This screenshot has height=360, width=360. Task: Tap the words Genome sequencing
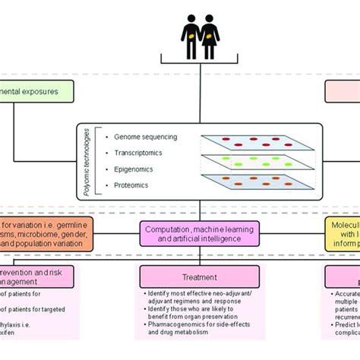point(145,137)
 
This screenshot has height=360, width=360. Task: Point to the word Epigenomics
point(137,169)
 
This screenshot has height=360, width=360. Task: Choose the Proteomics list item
point(134,185)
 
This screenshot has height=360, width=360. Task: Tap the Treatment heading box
point(199,277)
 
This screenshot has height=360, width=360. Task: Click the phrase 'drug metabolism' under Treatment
point(177,333)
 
